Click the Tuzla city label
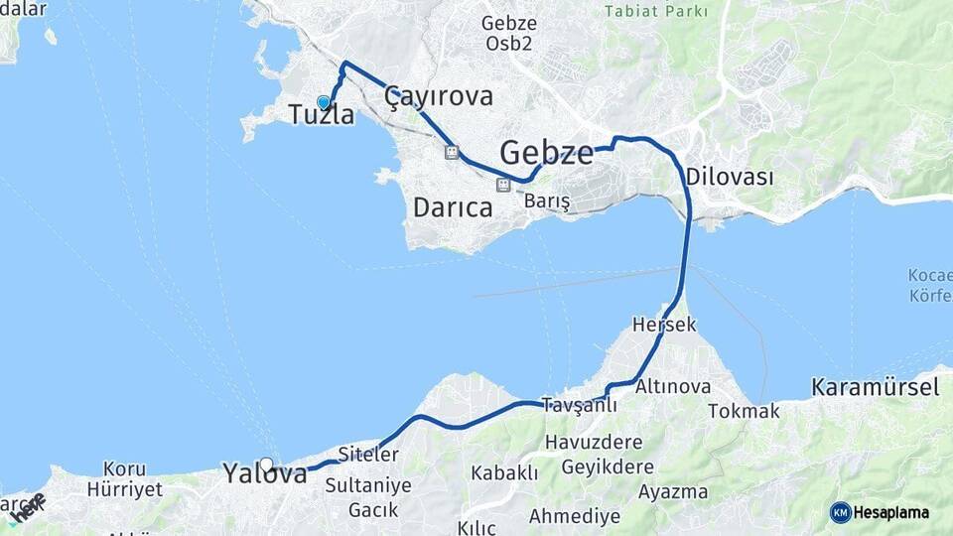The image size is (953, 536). [321, 115]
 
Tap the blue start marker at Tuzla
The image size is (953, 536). [323, 102]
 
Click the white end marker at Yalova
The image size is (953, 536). [266, 464]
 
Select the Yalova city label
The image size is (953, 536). [265, 473]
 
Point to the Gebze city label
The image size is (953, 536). [546, 153]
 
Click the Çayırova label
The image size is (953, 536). [439, 96]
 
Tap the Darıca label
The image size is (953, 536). [452, 208]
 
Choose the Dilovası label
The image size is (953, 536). [729, 177]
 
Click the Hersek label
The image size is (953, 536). [664, 325]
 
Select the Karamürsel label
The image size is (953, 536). [875, 387]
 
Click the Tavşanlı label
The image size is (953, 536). [579, 405]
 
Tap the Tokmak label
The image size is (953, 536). [744, 411]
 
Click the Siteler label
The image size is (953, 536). [367, 455]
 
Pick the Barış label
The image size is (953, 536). [547, 201]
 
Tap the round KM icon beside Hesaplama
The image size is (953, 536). [841, 512]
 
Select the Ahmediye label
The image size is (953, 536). [575, 516]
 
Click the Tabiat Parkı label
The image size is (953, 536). [657, 12]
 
